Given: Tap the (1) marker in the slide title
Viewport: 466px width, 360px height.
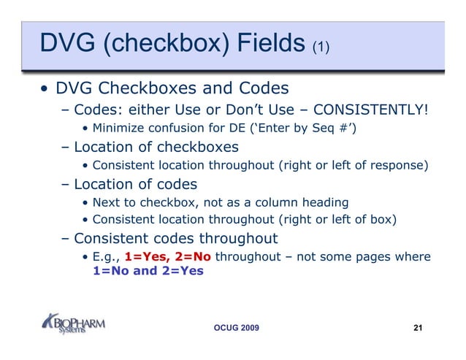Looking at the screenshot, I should click(x=321, y=47).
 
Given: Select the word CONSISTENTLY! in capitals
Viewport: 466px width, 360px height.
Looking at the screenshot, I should click(x=367, y=110).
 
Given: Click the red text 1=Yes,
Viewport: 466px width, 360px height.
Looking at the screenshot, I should click(x=146, y=256).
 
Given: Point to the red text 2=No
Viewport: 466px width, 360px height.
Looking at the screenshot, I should click(x=194, y=256).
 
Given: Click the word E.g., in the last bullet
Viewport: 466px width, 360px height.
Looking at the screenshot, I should click(x=107, y=256).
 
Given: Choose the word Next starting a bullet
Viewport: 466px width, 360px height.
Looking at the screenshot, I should click(x=107, y=202).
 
